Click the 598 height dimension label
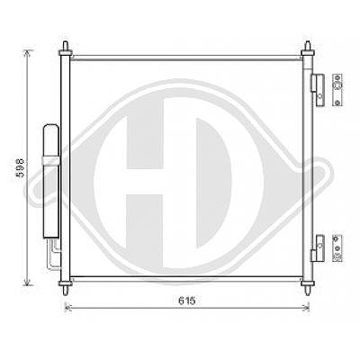(x=21, y=168)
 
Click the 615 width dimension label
(x=187, y=301)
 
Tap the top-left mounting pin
(x=66, y=48)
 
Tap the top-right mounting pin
(x=308, y=48)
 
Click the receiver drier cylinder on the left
(x=51, y=181)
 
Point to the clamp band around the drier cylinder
(x=51, y=161)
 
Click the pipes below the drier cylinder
(x=54, y=253)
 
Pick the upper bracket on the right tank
(x=318, y=89)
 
